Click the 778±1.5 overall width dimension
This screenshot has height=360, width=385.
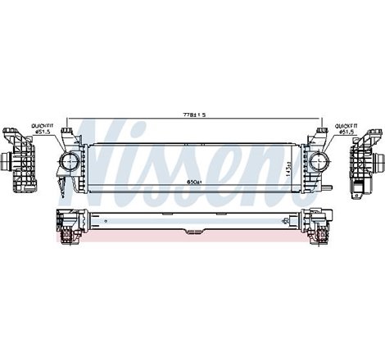pyautogui.click(x=192, y=114)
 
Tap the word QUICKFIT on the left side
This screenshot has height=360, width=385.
pyautogui.click(x=42, y=126)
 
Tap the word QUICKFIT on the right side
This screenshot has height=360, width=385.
pyautogui.click(x=343, y=126)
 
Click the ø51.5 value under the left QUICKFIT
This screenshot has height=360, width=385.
pyautogui.click(x=42, y=133)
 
